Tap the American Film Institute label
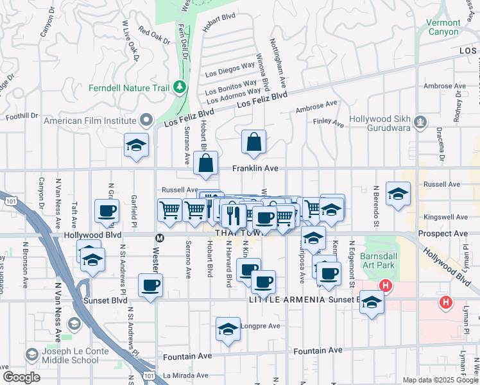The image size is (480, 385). pos(89,120)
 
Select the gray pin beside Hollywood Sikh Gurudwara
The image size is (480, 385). pos(420,120)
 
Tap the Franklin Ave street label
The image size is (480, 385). pos(255,169)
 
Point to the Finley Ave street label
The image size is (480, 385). pos(329,121)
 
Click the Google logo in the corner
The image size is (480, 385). pos(21,377)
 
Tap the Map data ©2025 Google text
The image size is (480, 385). pos(440,380)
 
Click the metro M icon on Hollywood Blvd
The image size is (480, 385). pos(159,237)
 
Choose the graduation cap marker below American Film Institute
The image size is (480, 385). pos(136,146)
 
